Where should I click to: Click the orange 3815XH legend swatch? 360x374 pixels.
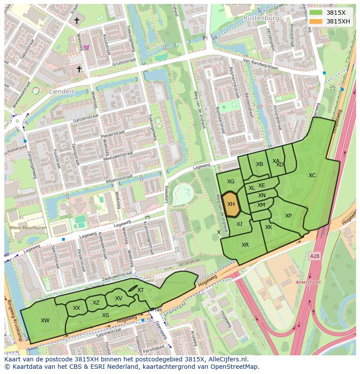(x=316, y=21)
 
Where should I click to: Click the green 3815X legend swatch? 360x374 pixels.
(x=316, y=13)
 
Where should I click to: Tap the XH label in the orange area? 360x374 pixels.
(x=231, y=204)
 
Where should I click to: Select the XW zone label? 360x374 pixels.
(x=45, y=321)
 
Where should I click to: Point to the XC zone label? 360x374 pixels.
(x=312, y=175)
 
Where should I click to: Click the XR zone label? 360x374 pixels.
(x=245, y=245)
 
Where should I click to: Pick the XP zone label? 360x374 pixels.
(x=288, y=216)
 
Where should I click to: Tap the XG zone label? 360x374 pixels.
(x=230, y=182)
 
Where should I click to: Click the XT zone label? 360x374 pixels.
(x=140, y=290)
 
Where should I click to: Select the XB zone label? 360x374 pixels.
(x=260, y=164)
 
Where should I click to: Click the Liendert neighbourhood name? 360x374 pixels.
(x=61, y=92)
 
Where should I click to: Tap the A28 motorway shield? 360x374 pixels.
(x=314, y=257)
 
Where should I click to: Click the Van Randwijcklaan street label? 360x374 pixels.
(x=260, y=64)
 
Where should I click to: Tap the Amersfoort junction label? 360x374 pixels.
(x=308, y=282)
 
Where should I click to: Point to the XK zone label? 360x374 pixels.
(x=269, y=227)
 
